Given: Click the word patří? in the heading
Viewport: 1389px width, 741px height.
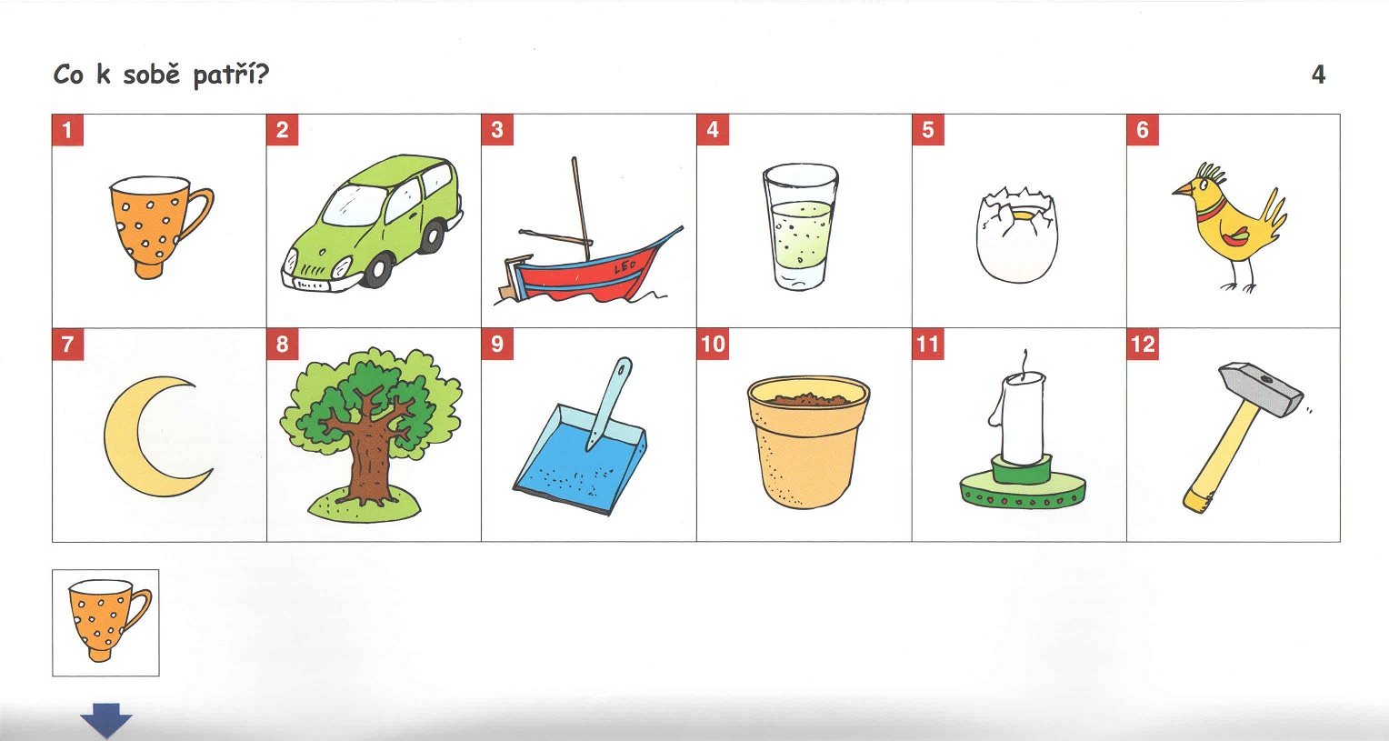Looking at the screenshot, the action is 231,75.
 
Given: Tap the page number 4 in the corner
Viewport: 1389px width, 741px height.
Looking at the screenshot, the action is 1318,75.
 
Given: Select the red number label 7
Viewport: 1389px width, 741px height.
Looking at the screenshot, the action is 67,345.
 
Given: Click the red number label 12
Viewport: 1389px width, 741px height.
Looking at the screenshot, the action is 1143,345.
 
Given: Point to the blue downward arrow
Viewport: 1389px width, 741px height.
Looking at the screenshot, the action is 106,719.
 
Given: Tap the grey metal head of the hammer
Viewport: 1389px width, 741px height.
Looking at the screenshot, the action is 1261,389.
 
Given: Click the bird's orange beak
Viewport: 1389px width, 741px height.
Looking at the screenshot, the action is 1182,188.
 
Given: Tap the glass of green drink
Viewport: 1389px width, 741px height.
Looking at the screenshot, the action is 801,226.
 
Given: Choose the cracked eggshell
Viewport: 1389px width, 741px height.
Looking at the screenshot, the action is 1017,235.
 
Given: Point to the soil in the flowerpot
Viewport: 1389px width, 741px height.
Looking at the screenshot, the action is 807,399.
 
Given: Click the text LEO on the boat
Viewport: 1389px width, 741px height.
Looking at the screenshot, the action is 625,267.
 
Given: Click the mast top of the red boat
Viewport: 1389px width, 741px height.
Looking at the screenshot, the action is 575,159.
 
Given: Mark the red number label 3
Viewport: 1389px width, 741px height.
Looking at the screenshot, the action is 497,130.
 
